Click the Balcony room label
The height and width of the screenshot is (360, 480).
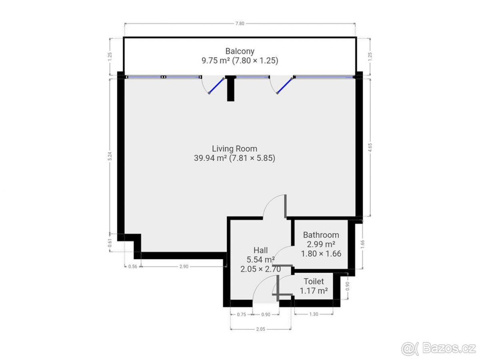point(240,51)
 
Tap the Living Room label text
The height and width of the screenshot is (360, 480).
point(234,149)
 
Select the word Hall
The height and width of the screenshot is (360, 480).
point(260,250)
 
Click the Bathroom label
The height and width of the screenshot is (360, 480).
point(321,235)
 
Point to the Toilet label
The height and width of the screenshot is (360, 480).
point(314,282)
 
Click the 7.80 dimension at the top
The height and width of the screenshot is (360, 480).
point(240,24)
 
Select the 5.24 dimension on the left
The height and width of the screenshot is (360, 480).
point(110,156)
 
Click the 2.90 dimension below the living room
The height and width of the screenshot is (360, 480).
point(184,266)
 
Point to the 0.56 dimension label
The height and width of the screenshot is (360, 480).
point(132,266)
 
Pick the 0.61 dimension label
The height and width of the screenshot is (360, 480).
point(110,243)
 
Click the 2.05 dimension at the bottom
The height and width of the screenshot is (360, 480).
point(260,329)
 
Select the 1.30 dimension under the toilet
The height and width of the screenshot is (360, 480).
point(314,314)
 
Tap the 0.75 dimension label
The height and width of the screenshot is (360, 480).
point(241,314)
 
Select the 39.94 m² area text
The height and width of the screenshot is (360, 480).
point(210,158)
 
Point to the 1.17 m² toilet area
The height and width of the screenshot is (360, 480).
point(314,291)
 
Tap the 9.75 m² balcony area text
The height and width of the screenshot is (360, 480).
point(215,61)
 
